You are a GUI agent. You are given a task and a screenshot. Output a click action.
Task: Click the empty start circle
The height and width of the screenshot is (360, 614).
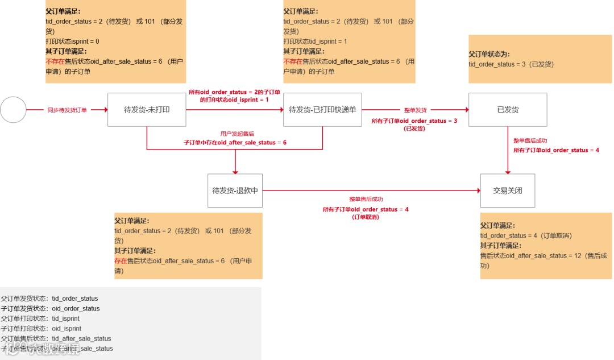click(13, 110)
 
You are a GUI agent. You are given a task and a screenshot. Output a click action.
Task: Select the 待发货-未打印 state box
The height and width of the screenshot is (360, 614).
click(147, 110)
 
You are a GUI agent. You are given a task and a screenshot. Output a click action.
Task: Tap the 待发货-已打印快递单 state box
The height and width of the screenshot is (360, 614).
click(322, 110)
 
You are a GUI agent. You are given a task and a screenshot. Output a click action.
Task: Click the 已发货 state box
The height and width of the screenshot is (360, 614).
click(508, 110)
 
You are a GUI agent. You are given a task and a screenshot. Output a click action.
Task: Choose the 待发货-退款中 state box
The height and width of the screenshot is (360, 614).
click(235, 191)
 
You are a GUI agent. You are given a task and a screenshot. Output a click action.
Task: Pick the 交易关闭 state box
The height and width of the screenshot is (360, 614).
click(508, 191)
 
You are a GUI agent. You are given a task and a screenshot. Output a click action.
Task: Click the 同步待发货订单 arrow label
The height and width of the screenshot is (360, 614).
click(67, 110)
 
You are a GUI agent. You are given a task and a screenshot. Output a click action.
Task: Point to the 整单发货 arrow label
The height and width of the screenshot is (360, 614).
click(415, 110)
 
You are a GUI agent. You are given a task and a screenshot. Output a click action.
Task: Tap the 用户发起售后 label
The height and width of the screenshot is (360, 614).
click(235, 133)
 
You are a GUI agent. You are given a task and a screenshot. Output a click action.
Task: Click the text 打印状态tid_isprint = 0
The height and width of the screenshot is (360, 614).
click(73, 42)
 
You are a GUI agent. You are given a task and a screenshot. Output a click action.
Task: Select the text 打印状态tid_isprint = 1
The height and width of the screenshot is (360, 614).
click(315, 42)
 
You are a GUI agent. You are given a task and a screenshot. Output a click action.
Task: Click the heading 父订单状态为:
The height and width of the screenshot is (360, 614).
click(489, 54)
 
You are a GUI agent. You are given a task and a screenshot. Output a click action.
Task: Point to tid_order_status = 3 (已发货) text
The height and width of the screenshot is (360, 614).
click(511, 64)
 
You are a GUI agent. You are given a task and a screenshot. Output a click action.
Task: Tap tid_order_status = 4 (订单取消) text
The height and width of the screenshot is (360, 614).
click(526, 235)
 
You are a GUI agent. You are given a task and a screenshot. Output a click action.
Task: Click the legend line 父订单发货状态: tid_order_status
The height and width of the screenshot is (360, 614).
click(49, 299)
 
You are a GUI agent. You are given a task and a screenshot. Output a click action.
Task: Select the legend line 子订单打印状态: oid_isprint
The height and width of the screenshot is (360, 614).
click(41, 329)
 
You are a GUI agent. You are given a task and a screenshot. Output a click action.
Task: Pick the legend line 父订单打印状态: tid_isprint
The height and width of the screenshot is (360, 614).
click(40, 318)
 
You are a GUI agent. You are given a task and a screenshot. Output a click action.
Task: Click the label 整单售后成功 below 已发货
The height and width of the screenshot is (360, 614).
click(530, 140)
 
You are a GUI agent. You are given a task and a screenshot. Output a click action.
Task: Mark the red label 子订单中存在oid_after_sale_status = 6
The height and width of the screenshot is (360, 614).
click(235, 142)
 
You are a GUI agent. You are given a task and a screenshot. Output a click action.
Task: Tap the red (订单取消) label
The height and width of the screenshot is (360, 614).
click(366, 217)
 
